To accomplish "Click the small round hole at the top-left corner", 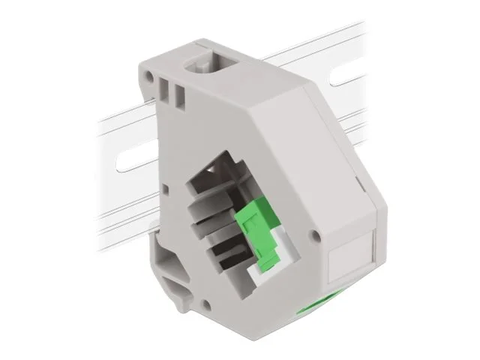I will [x=154, y=77].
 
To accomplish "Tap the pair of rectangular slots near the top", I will [x=172, y=93].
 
